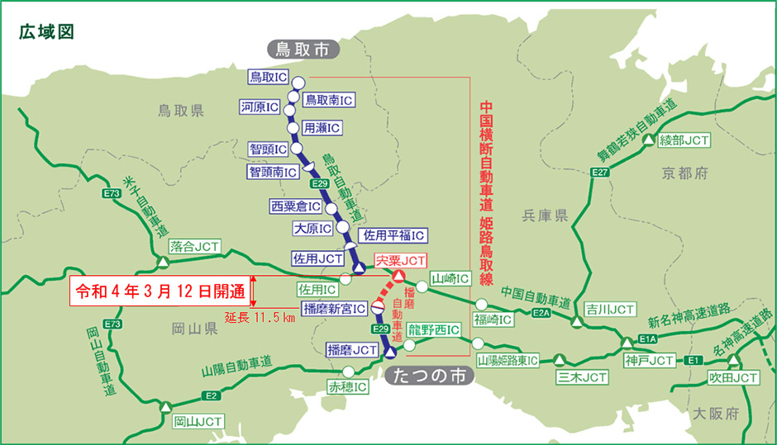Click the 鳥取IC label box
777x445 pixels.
coord(268,77)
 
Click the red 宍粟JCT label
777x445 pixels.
coord(401,261)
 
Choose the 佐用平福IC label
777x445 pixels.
coord(393,235)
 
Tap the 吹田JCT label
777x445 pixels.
coord(732,377)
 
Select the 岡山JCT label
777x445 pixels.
coord(198,421)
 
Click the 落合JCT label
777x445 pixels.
coord(195,246)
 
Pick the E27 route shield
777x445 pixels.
coord(600,172)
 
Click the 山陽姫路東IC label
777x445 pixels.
coord(508,361)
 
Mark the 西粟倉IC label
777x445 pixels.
coord(295,206)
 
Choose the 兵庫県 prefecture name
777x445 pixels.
coord(545,215)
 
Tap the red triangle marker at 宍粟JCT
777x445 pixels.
coord(398,276)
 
